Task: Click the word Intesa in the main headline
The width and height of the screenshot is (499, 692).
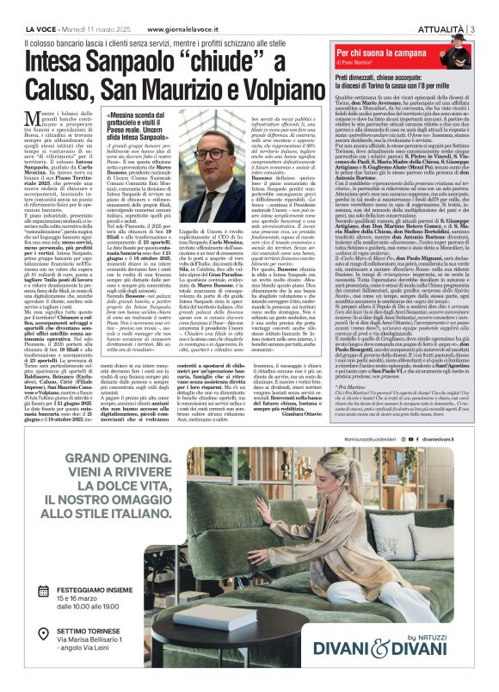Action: tap(66, 59)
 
